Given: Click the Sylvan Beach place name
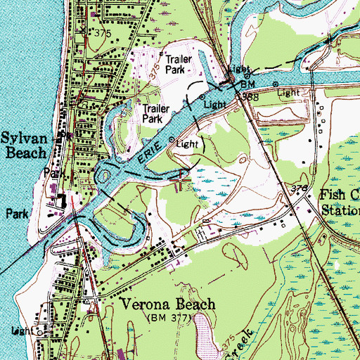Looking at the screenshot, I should click(x=27, y=145).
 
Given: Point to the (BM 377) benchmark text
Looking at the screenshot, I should click(x=168, y=319).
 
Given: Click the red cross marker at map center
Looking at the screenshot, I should click(x=181, y=179).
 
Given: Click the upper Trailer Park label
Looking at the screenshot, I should click(x=178, y=65).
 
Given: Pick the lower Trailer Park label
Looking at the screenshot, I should click(x=157, y=114).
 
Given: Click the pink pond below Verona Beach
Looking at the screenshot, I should click(x=203, y=331).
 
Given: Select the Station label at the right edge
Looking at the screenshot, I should click(x=340, y=210).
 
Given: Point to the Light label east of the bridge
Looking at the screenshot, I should click(x=287, y=92).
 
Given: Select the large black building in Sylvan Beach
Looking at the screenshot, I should click(x=62, y=201).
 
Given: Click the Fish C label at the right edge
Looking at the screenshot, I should click(x=340, y=195).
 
